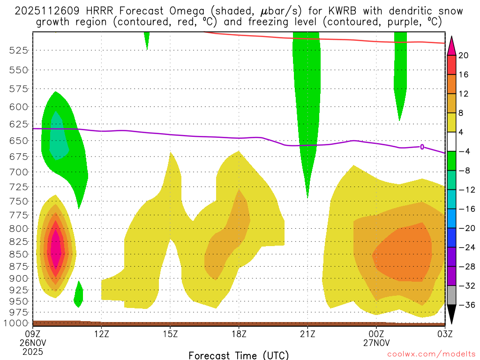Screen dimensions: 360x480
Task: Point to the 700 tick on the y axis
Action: [19, 172]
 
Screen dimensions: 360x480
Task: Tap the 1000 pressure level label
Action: [17, 323]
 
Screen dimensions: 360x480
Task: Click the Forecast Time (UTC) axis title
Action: [239, 355]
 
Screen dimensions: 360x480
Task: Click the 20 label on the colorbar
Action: [464, 55]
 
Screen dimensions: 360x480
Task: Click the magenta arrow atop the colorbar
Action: [452, 45]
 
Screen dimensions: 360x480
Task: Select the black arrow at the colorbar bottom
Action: [452, 314]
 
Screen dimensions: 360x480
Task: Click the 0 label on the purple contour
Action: [422, 147]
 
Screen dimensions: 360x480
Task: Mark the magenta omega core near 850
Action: [56, 248]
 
